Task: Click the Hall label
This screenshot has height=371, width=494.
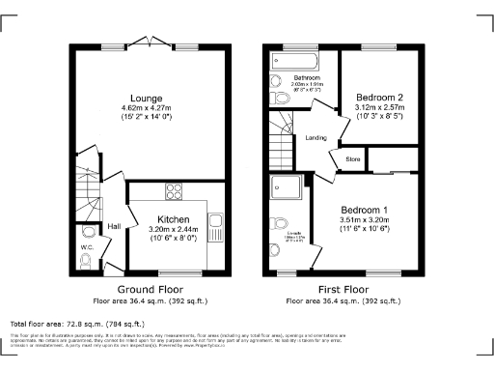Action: [114, 226]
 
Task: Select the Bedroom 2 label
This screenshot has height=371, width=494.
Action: [379, 98]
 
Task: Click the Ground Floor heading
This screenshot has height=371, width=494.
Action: [150, 289]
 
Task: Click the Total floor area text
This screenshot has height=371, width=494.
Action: [77, 324]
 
